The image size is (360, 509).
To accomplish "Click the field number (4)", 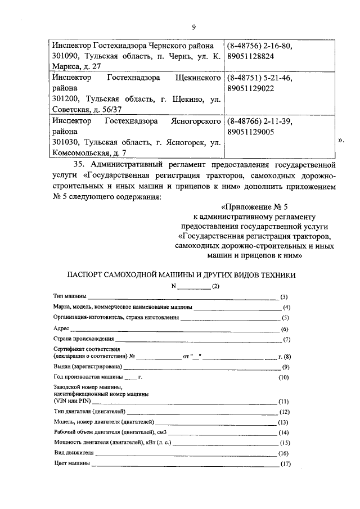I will [286, 307].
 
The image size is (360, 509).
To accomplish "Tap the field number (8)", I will [286, 357].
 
